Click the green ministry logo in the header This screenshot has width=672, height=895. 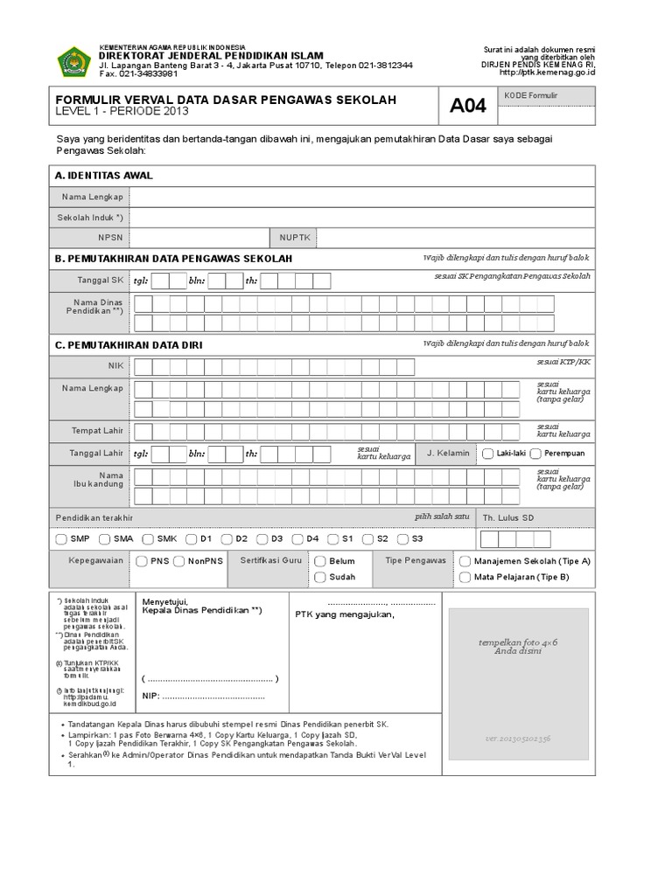point(73,62)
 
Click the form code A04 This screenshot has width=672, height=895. point(467,107)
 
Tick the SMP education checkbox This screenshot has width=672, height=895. point(61,538)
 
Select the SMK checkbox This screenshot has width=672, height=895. point(148,538)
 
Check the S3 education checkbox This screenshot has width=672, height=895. point(402,538)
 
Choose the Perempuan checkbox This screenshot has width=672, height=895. point(535,454)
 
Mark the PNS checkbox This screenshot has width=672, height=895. point(142,561)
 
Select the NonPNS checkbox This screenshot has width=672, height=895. point(178,561)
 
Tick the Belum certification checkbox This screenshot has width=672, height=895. point(320,561)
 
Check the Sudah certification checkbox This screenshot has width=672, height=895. point(320,577)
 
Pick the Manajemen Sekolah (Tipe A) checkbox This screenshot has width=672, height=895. point(465,561)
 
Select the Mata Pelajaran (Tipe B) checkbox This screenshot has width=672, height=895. point(465,577)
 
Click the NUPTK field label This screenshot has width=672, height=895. point(294,237)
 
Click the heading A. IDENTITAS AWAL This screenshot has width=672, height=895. point(103,176)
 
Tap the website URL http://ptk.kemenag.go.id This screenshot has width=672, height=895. point(547,73)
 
